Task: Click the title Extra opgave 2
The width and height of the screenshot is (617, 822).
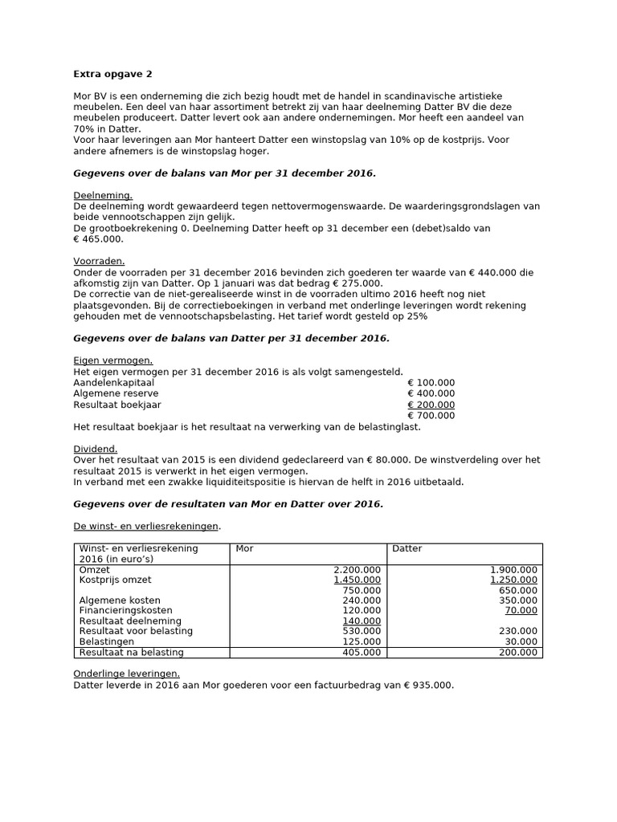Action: (x=112, y=75)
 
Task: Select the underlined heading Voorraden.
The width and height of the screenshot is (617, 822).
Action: (x=99, y=261)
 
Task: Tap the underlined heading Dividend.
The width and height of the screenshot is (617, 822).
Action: (x=96, y=449)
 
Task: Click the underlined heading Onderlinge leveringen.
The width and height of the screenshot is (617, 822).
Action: (x=127, y=673)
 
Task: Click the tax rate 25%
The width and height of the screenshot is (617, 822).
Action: (x=417, y=316)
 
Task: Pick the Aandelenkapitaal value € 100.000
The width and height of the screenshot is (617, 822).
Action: (x=431, y=382)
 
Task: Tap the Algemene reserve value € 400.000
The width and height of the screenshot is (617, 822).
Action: (x=431, y=393)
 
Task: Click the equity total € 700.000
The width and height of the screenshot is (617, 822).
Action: (x=431, y=416)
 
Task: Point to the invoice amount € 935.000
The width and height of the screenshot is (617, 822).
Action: (x=427, y=686)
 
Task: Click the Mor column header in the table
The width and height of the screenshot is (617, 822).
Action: (x=244, y=549)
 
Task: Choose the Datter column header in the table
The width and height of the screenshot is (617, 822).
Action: (x=407, y=549)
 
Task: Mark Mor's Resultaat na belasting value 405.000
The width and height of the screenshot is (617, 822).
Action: (x=363, y=653)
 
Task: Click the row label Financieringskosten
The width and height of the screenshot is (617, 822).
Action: (x=125, y=611)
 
